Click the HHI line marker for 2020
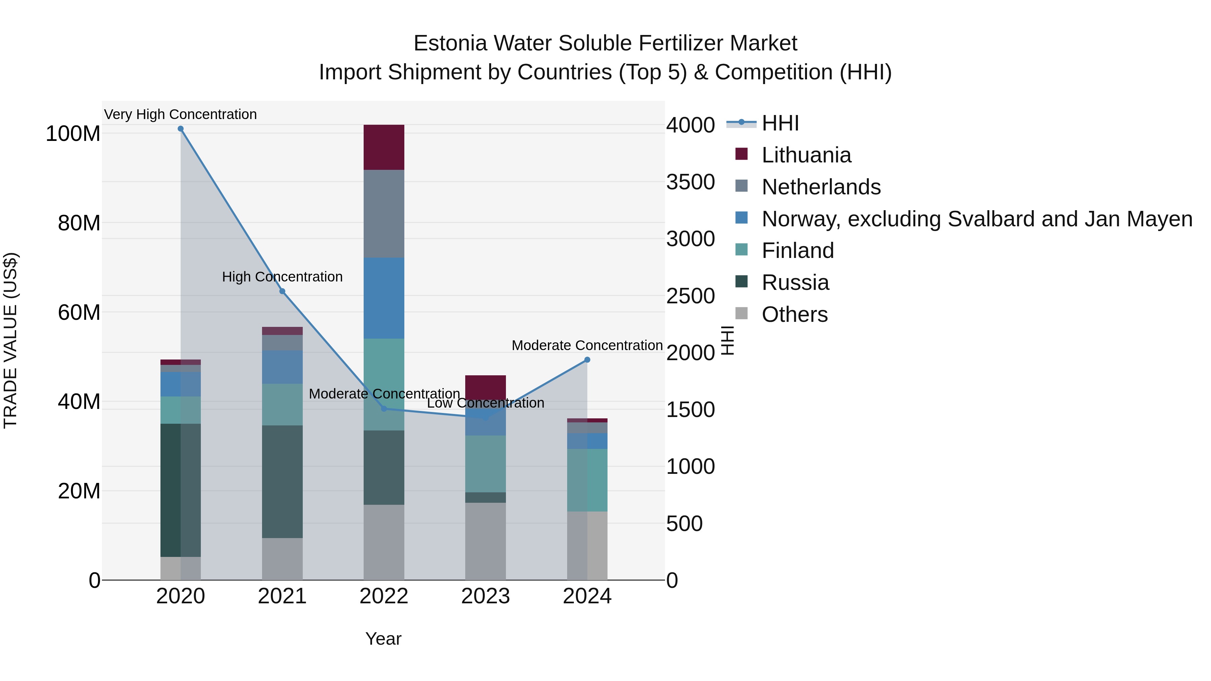point(181,129)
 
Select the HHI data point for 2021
point(282,291)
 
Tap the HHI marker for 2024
point(587,360)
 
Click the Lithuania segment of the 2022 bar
point(383,147)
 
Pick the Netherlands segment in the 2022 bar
point(383,214)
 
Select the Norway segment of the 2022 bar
point(383,298)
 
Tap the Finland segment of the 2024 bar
point(587,480)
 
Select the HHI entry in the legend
point(779,123)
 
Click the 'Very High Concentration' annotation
point(181,115)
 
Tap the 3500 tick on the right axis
point(690,182)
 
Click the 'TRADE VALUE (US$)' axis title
point(10,340)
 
